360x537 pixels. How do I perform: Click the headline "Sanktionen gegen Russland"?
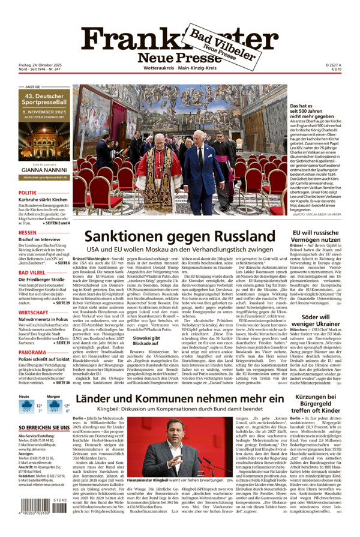179,237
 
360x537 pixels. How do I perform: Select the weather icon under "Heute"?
27,407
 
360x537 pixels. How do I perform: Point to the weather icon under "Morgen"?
55,407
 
